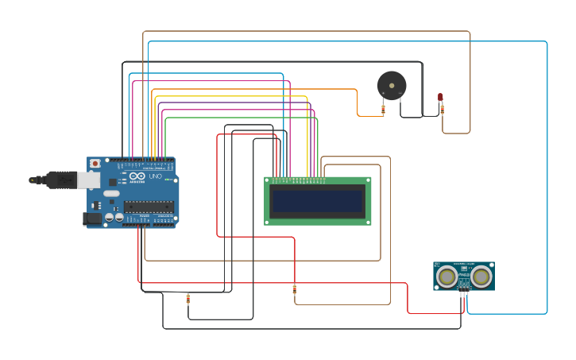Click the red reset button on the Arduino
pyautogui.click(x=95, y=164)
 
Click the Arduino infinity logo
pyautogui.click(x=137, y=176)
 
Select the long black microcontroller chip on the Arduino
pyautogui.click(x=149, y=207)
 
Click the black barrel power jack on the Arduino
pyautogui.click(x=92, y=218)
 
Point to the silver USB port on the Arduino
pyautogui.click(x=88, y=180)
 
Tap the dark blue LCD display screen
pyautogui.click(x=317, y=201)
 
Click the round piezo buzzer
pyautogui.click(x=392, y=85)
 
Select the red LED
pyautogui.click(x=440, y=97)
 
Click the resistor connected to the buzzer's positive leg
pyautogui.click(x=383, y=110)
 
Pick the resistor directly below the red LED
pyautogui.click(x=443, y=110)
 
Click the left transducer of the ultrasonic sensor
pyautogui.click(x=447, y=277)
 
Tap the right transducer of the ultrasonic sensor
pyautogui.click(x=481, y=277)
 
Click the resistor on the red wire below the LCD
pyautogui.click(x=295, y=289)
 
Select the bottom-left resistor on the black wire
pyautogui.click(x=188, y=299)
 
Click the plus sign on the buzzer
pyautogui.click(x=383, y=95)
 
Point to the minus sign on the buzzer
pyautogui.click(x=400, y=95)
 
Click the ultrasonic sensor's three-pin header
pyautogui.click(x=464, y=292)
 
